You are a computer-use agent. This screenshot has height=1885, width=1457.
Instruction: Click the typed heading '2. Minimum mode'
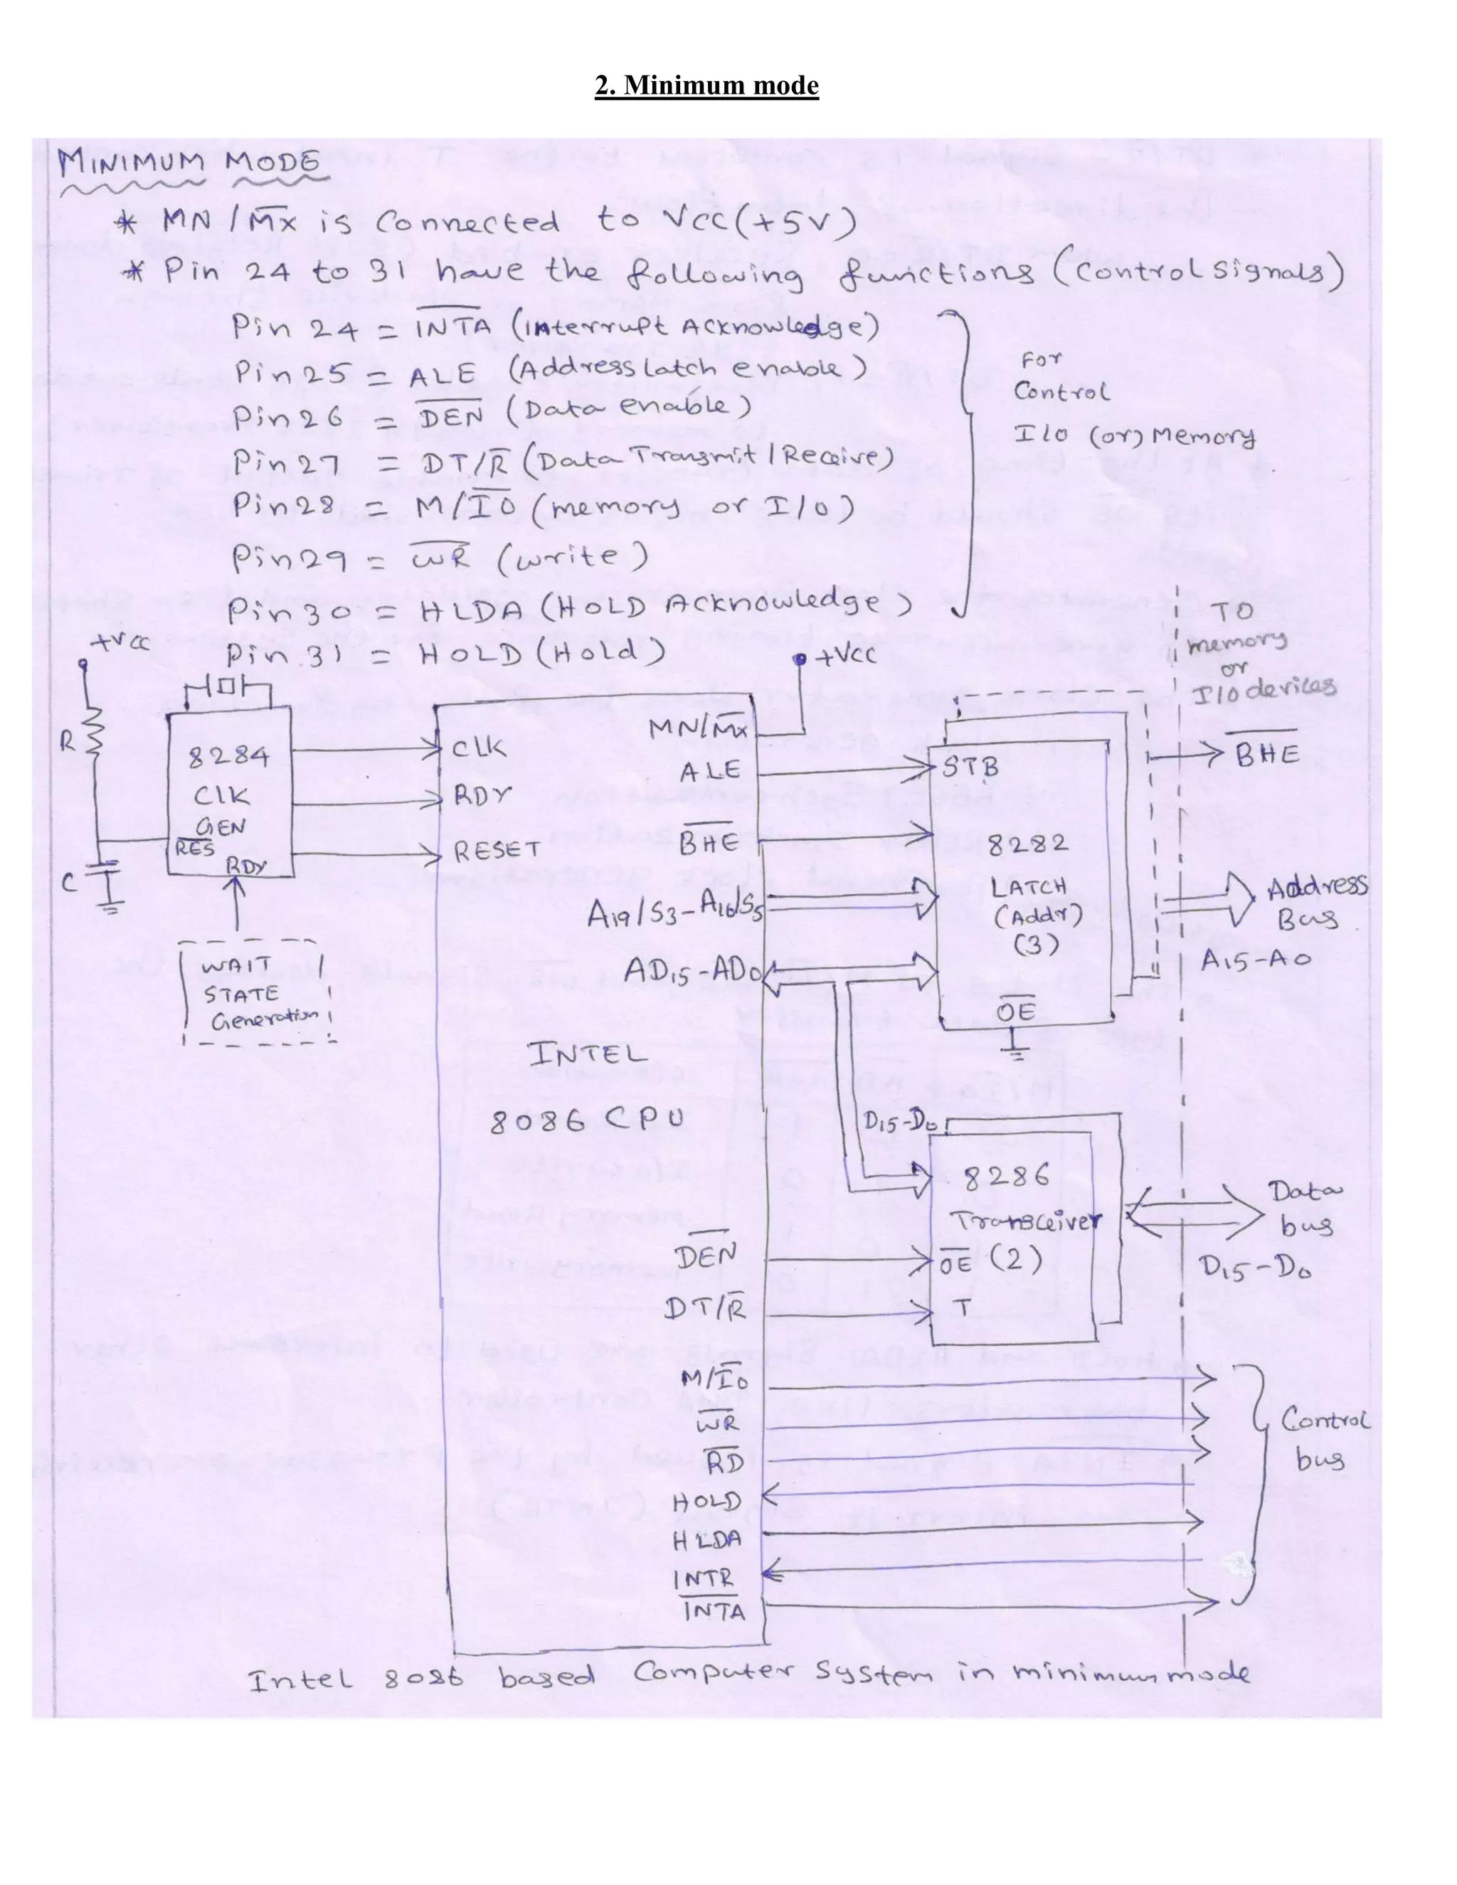point(706,85)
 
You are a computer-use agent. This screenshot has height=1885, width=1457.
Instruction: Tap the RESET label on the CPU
point(497,851)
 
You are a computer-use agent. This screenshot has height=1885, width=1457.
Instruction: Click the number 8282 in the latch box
point(1027,843)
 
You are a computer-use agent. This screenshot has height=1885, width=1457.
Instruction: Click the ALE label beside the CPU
point(709,771)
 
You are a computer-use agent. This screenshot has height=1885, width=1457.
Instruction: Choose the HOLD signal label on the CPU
point(706,1502)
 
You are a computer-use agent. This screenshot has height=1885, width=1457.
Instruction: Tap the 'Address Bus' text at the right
point(1315,903)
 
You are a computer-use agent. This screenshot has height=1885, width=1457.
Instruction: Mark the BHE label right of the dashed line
point(1267,755)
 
